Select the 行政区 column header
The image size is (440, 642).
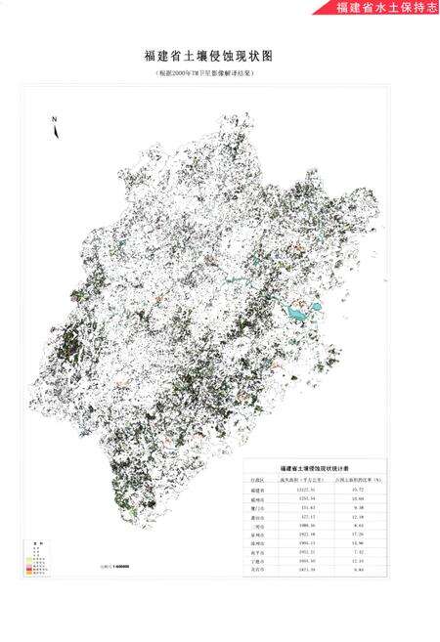click(x=257, y=481)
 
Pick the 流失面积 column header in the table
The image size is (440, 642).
click(x=294, y=481)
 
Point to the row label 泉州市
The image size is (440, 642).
click(x=257, y=535)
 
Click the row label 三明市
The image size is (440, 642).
click(x=257, y=527)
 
